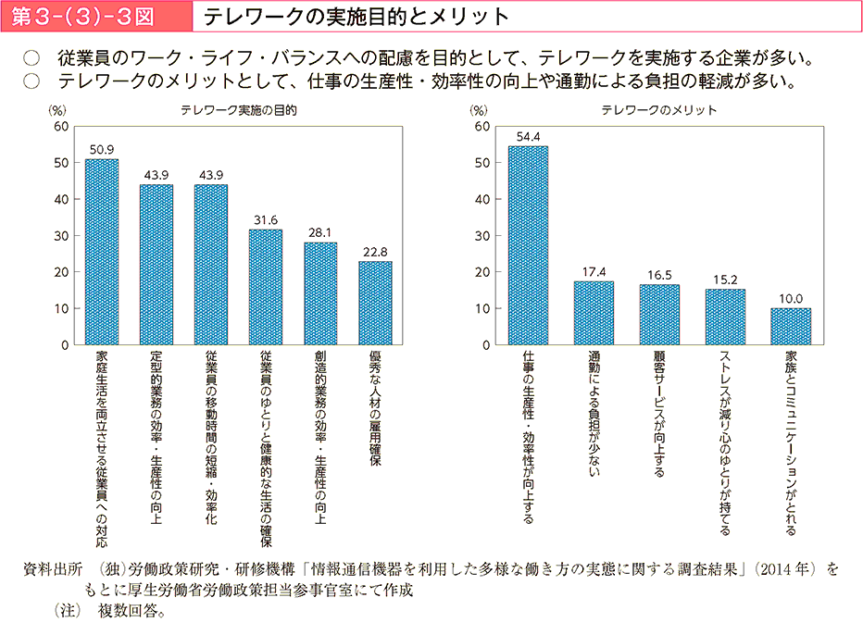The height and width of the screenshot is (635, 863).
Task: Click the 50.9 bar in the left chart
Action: click(x=102, y=252)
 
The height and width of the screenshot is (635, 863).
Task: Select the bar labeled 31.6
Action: click(x=265, y=287)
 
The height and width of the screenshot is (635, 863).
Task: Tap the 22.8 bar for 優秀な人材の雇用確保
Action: click(x=374, y=303)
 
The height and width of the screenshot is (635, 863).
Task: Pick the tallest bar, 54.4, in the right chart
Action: click(x=528, y=245)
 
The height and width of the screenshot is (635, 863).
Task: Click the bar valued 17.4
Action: click(x=594, y=313)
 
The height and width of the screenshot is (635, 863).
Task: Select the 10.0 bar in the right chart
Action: click(x=791, y=327)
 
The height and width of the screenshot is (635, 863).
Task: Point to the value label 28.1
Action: click(x=319, y=234)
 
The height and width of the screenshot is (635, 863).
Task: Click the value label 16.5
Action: click(x=659, y=276)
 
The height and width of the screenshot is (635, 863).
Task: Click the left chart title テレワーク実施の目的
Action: click(x=238, y=109)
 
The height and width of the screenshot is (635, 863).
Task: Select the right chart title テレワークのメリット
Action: click(x=658, y=109)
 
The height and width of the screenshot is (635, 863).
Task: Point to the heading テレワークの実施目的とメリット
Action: click(x=356, y=17)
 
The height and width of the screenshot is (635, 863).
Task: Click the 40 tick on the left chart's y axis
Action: click(x=61, y=199)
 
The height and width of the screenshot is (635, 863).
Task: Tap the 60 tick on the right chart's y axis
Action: click(x=482, y=126)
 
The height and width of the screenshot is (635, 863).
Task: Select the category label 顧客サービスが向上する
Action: click(x=659, y=413)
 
